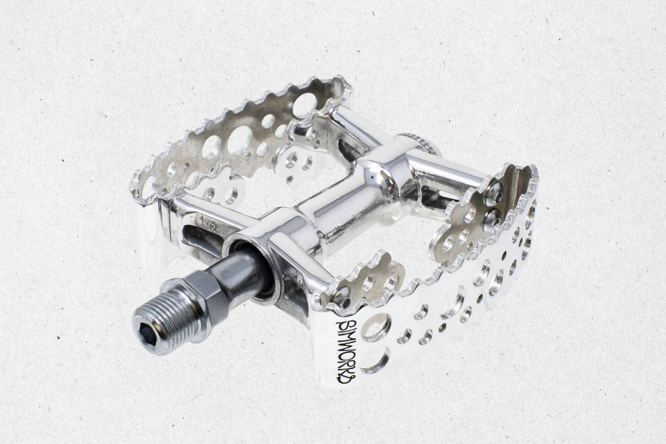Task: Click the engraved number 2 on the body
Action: (x=213, y=228)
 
